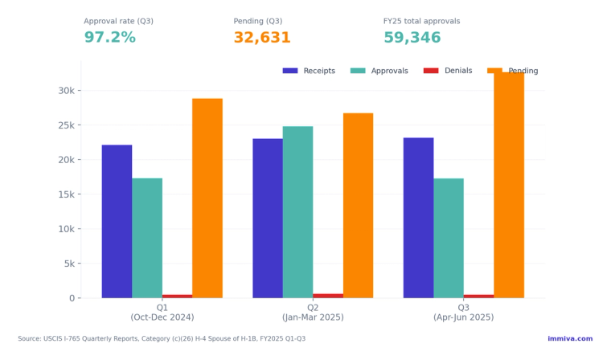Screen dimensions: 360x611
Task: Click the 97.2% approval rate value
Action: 109,38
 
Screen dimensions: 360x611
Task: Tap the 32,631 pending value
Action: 261,38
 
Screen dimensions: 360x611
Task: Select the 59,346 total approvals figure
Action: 412,38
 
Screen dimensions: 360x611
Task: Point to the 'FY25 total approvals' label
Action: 433,21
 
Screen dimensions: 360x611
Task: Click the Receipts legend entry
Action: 309,71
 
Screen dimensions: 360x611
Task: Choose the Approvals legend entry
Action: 379,71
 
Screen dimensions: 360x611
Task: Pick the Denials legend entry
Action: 448,71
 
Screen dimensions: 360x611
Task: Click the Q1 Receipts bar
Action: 117,221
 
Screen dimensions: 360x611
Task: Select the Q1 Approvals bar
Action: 147,238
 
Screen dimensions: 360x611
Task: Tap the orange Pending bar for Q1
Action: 207,198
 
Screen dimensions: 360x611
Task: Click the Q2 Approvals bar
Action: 297,211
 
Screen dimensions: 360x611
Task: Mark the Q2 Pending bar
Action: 358,205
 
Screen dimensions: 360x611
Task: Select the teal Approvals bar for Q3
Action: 449,238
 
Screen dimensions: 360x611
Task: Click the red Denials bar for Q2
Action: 328,296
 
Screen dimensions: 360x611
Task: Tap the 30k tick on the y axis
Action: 65,91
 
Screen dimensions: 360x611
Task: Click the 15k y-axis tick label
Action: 65,194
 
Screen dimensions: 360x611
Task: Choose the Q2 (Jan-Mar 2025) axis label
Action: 313,313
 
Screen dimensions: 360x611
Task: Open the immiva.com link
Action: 569,338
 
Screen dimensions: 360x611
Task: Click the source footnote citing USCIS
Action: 162,338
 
